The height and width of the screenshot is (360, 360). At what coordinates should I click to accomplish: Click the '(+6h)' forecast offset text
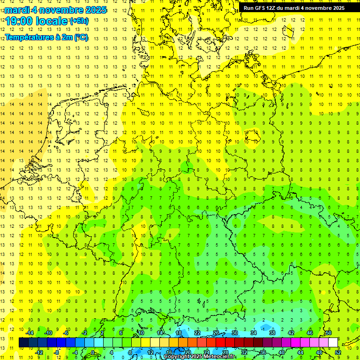pos(78,21)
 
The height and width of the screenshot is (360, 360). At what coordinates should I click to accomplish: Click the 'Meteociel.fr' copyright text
pos(220,357)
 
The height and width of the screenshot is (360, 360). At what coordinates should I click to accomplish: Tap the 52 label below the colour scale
pos(338,352)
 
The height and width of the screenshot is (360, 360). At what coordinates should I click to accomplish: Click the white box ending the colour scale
pos(333,342)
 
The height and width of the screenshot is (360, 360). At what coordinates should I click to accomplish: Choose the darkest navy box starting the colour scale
pos(23,342)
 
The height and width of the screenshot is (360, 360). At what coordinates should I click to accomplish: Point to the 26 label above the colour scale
pos(216,333)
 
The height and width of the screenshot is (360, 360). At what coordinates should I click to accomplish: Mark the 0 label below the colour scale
pos(93,352)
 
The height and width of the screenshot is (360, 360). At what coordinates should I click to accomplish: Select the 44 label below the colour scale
pos(300,352)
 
